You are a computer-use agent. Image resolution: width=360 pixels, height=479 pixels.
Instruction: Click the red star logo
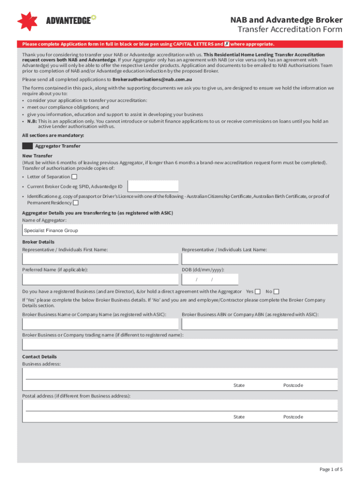27,21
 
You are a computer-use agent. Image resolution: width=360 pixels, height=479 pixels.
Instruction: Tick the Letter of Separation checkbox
74,177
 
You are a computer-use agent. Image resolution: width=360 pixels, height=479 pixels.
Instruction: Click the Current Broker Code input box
153,186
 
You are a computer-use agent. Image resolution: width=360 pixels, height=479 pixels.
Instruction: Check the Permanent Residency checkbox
76,203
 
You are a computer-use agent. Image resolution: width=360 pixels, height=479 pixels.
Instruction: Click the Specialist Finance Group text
51,231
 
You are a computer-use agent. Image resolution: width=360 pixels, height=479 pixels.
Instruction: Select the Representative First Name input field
100,259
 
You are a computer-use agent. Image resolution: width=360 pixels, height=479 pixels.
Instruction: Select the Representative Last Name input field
259,259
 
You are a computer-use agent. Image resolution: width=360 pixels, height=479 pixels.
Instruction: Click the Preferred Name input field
100,279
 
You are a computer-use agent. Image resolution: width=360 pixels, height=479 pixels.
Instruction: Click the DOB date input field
210,279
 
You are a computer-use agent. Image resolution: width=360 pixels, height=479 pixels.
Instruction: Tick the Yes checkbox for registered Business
258,291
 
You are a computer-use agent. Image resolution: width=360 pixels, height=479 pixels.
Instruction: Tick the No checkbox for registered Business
276,291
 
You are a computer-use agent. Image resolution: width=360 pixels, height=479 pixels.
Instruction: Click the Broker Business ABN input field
259,324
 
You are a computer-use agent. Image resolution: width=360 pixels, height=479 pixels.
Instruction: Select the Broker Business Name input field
100,324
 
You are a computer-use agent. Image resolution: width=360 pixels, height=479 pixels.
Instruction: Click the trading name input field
180,344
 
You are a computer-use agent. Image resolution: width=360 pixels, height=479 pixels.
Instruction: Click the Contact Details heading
40,356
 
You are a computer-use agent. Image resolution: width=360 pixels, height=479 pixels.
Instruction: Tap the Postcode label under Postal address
293,417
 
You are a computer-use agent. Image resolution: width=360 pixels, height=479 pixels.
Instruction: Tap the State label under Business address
239,385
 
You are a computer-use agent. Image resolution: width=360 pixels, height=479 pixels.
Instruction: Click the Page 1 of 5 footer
331,469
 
